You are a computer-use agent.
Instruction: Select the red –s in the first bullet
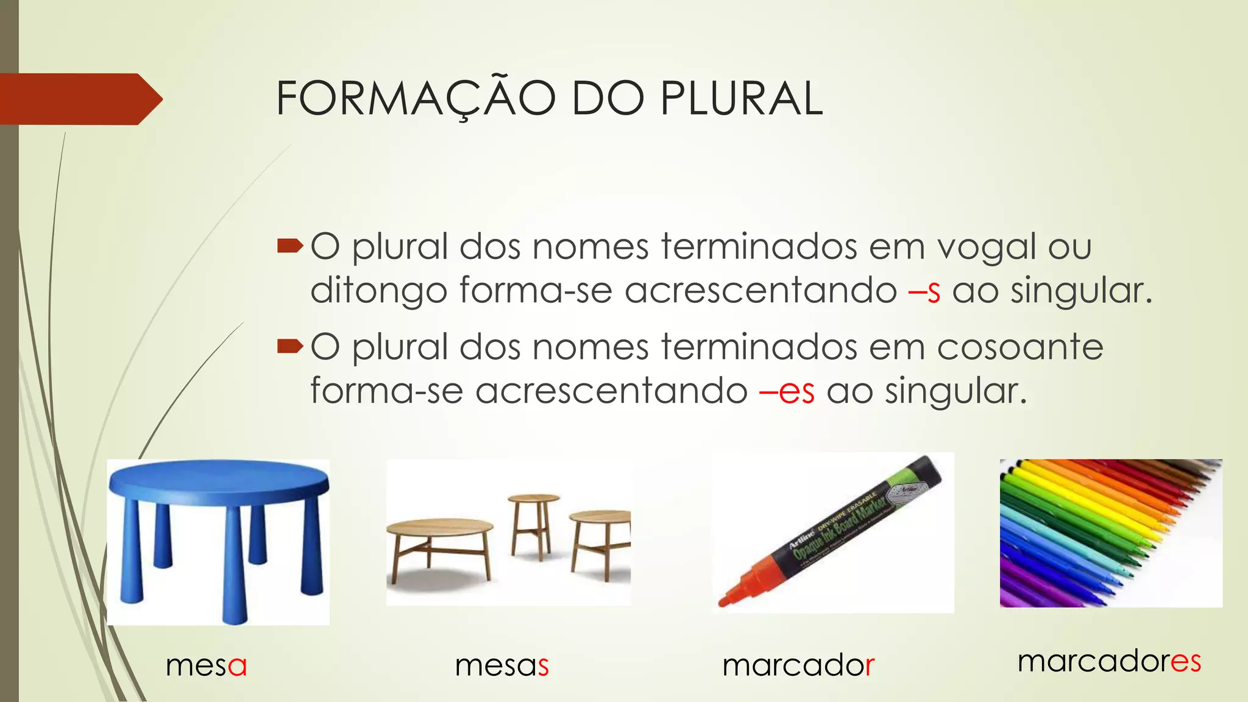pyautogui.click(x=924, y=291)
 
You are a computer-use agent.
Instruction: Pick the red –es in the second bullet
pyautogui.click(x=787, y=391)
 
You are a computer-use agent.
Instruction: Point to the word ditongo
pyautogui.click(x=378, y=291)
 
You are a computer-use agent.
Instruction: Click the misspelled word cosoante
pyautogui.click(x=1019, y=347)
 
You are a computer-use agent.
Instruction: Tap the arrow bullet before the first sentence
pyautogui.click(x=289, y=247)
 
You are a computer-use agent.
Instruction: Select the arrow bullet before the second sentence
pyautogui.click(x=289, y=347)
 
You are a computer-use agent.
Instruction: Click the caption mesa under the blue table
pyautogui.click(x=206, y=665)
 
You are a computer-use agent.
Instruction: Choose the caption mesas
pyautogui.click(x=502, y=665)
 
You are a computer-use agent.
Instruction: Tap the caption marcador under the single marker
pyautogui.click(x=798, y=665)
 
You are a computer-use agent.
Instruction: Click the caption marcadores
pyautogui.click(x=1109, y=661)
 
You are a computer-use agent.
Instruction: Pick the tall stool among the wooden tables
pyautogui.click(x=531, y=524)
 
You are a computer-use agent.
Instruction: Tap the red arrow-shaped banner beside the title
pyautogui.click(x=79, y=99)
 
